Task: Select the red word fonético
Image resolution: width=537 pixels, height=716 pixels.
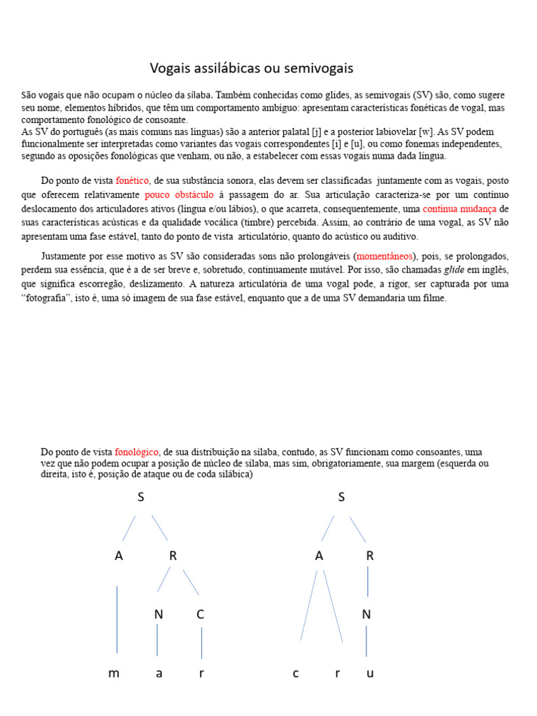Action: click(x=132, y=180)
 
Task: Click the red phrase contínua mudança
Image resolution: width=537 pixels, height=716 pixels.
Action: click(x=460, y=208)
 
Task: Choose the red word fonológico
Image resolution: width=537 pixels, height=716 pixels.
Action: click(x=136, y=452)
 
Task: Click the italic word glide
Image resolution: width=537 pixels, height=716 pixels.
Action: click(x=455, y=270)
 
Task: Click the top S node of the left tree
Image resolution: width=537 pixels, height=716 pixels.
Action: click(x=142, y=497)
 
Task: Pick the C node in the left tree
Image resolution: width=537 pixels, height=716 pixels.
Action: click(x=201, y=615)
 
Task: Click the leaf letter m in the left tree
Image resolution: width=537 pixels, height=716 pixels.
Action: click(x=114, y=673)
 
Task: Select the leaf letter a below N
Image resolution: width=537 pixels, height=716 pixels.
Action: click(x=159, y=673)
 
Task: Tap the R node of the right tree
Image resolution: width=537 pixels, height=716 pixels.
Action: click(x=370, y=556)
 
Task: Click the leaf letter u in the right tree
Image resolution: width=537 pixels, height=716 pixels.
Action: click(x=370, y=673)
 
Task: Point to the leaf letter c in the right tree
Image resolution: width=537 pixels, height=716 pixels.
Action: click(x=296, y=673)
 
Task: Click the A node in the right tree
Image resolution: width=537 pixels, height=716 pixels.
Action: click(x=319, y=556)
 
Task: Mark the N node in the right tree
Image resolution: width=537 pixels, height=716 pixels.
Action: click(x=366, y=615)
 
